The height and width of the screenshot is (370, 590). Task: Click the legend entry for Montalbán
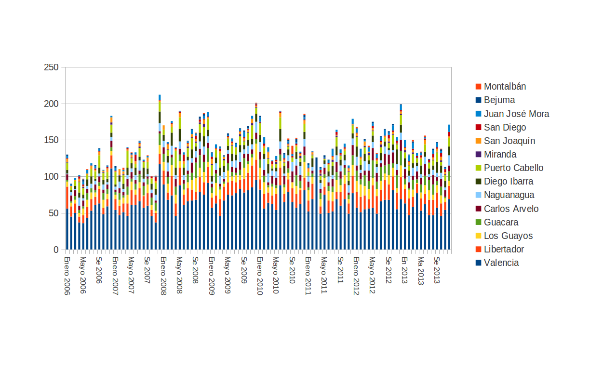[505, 87]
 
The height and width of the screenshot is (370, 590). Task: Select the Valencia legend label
[501, 263]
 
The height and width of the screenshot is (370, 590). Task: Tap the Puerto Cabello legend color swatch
[478, 168]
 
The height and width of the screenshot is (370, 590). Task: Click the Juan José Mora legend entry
[516, 114]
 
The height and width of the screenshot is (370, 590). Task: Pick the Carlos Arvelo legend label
[511, 209]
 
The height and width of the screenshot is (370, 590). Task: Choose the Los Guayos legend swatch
[478, 236]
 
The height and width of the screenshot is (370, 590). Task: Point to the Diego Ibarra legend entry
[509, 182]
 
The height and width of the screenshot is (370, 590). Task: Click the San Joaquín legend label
[510, 141]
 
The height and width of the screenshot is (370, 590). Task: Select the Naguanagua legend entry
[509, 195]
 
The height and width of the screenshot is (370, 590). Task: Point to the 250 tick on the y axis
[52, 67]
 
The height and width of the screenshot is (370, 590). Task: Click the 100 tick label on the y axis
[52, 177]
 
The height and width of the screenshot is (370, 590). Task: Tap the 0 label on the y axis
[56, 250]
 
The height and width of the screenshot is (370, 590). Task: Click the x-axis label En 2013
[404, 270]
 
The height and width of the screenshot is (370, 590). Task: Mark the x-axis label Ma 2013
[420, 270]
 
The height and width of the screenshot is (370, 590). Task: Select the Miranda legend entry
[500, 155]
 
